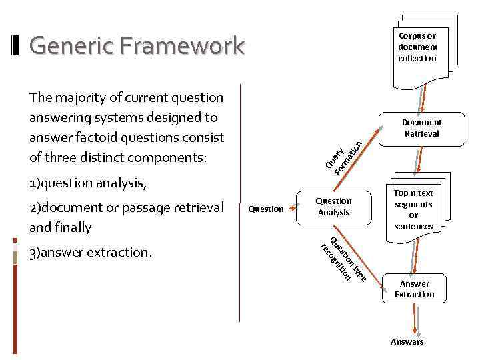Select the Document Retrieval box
pos(421,128)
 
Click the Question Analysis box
pos(333,207)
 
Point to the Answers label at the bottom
pos(407,342)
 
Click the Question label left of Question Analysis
pos(265,209)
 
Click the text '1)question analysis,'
pos(87,183)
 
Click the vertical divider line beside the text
pos(239,200)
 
